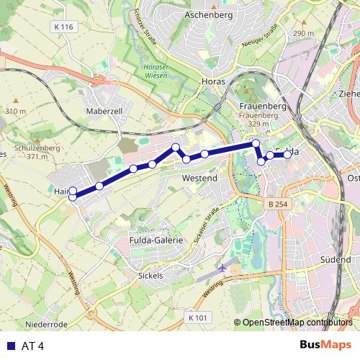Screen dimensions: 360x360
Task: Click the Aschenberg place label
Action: click(206, 14)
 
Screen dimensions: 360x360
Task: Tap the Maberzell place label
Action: click(106, 111)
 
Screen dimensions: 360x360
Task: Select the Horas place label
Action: click(214, 81)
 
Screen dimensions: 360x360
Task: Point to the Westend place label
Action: click(200, 176)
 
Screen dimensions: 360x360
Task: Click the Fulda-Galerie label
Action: click(156, 240)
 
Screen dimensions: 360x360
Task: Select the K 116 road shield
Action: click(63, 27)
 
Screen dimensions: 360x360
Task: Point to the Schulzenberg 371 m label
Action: click(27, 150)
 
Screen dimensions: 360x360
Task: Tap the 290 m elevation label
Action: click(304, 34)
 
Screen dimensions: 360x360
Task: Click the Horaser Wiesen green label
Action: click(146, 71)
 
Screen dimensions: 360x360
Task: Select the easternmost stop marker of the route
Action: click(287, 155)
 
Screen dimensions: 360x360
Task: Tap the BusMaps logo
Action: click(325, 345)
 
